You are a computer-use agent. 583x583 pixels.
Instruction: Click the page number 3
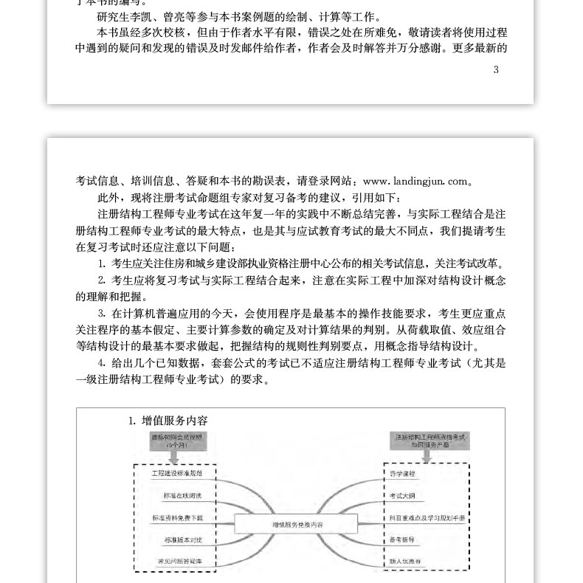coord(496,70)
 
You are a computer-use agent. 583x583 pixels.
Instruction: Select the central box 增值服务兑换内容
coord(297,523)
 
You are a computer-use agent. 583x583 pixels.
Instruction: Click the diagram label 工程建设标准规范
coord(177,473)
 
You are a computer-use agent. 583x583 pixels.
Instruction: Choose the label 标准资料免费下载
coord(177,518)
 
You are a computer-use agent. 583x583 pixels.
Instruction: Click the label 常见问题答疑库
coord(177,562)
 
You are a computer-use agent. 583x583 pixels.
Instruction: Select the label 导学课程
coord(402,473)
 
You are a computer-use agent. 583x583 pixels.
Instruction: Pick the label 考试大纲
coord(402,496)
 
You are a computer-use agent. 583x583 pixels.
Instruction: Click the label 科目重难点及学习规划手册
coord(427,518)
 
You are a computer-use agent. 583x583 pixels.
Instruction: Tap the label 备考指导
coord(402,540)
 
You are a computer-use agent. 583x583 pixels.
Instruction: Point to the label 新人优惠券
coord(405,562)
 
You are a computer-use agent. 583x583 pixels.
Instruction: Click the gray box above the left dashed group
coord(176,442)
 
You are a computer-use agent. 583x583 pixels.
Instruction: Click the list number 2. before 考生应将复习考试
coord(102,280)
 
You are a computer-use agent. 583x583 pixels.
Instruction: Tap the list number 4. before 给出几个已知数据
coord(102,363)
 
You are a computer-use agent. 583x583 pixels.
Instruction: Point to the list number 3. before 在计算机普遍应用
coord(102,314)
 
